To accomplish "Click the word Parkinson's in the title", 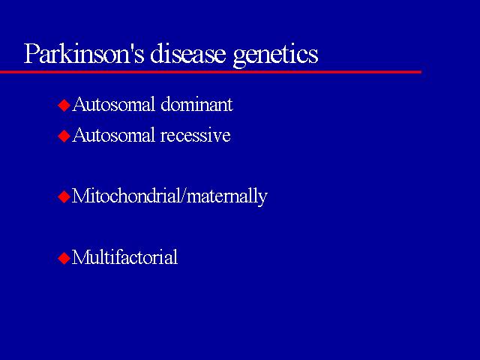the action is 84,53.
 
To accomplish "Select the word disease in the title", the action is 187,53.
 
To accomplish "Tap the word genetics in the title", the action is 275,55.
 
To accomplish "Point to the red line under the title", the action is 211,72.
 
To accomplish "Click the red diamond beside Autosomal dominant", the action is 64,106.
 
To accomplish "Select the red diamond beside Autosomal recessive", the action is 64,136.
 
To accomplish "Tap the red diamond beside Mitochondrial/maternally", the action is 64,196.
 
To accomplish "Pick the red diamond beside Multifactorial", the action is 64,258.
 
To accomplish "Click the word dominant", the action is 196,104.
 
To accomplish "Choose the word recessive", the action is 195,136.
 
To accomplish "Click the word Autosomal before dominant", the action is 114,104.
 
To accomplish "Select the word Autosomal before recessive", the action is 114,135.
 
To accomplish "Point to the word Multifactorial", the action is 125,256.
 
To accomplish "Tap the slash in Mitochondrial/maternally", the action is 183,196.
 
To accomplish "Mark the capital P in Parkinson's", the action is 31,54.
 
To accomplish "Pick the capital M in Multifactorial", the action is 79,256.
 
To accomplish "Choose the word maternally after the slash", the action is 227,197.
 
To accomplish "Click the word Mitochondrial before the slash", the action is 126,196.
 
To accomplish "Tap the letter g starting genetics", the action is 239,58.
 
